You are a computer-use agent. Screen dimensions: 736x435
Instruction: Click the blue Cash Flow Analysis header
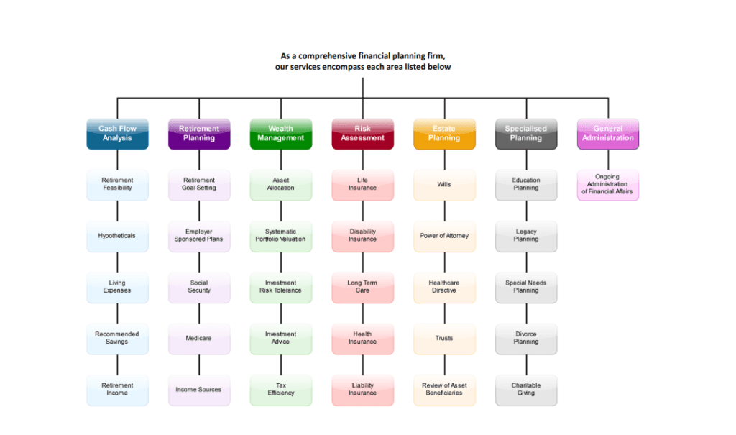tap(117, 134)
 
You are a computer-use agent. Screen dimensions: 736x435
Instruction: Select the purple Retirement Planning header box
tap(199, 134)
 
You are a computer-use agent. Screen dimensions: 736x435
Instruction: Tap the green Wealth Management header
tap(281, 134)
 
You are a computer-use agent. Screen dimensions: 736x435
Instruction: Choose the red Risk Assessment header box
tap(362, 134)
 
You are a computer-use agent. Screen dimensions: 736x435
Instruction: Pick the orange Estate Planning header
tap(444, 134)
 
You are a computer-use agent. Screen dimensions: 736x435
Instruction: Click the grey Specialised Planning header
tap(526, 134)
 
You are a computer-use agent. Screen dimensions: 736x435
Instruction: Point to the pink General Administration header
tap(608, 134)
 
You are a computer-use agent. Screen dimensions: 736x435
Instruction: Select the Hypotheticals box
tap(117, 237)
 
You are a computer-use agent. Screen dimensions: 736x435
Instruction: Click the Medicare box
tap(199, 339)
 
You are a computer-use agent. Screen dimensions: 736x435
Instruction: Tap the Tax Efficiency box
tap(281, 390)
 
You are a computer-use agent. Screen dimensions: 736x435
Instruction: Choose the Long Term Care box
tap(362, 288)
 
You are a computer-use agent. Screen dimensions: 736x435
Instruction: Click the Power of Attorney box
tap(444, 237)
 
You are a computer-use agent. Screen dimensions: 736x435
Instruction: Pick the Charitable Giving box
tap(526, 390)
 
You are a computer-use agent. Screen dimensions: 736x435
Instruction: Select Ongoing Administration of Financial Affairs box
tap(608, 185)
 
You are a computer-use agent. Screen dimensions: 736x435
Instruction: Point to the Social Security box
tap(199, 288)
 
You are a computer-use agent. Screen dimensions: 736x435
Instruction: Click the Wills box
tap(444, 185)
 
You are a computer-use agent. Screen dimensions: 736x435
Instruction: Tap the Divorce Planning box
tap(526, 339)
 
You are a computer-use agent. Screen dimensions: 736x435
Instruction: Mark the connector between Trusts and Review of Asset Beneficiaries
tap(444, 365)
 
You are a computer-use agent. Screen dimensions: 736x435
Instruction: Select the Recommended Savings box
tap(117, 339)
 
